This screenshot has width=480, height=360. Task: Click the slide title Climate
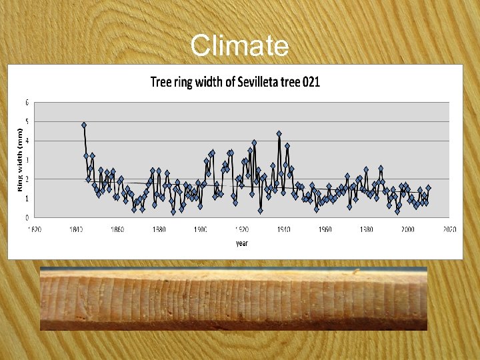pyautogui.click(x=239, y=46)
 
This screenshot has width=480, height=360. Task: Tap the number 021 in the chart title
pyautogui.click(x=311, y=82)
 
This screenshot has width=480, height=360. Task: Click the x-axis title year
pyautogui.click(x=241, y=243)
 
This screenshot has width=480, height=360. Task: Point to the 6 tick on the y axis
pyautogui.click(x=27, y=103)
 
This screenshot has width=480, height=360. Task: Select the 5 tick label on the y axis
pyautogui.click(x=27, y=122)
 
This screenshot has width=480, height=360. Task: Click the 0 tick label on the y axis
pyautogui.click(x=27, y=218)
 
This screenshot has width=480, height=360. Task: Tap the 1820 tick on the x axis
pyautogui.click(x=34, y=229)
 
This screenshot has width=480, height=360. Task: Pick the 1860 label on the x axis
pyautogui.click(x=117, y=229)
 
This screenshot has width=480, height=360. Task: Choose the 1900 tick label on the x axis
pyautogui.click(x=200, y=229)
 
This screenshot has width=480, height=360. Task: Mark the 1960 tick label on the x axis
pyautogui.click(x=325, y=229)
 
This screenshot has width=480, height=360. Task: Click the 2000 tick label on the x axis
pyautogui.click(x=407, y=229)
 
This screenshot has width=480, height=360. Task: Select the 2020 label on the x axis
pyautogui.click(x=449, y=229)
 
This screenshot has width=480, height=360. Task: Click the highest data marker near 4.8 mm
pyautogui.click(x=84, y=125)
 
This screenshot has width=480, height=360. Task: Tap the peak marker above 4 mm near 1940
pyautogui.click(x=279, y=134)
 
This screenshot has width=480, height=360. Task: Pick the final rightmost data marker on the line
pyautogui.click(x=428, y=188)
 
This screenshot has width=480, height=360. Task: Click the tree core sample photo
pyautogui.click(x=233, y=298)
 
